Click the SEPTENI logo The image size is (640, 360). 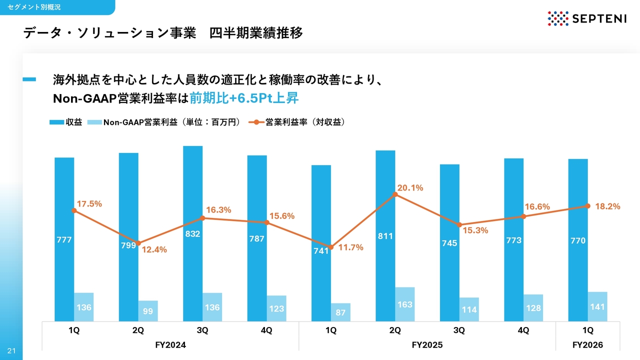pos(587,18)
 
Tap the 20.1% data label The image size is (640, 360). pos(410,187)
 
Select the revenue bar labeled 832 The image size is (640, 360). pos(192,233)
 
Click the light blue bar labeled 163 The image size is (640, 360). pos(405,304)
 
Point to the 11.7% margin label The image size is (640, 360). pos(351,247)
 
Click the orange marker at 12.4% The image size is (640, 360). pos(138,243)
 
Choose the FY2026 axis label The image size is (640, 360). pos(587,345)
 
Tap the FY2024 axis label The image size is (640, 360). pos(170,345)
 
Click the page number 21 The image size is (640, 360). pos(11,351)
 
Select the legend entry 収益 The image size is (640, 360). pos(65,122)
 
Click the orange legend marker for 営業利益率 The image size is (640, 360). pos(256,122)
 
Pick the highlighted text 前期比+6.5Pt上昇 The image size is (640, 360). pos(244,98)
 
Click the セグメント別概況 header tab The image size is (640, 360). pos(34,7)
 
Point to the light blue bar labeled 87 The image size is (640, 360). pos(340,312)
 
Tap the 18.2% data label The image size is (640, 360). pos(607,206)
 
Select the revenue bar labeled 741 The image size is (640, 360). pos(321,243)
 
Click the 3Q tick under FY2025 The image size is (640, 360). pos(459,330)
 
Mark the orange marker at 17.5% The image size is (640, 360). pos(74,210)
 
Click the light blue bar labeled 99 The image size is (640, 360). pos(148,311)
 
